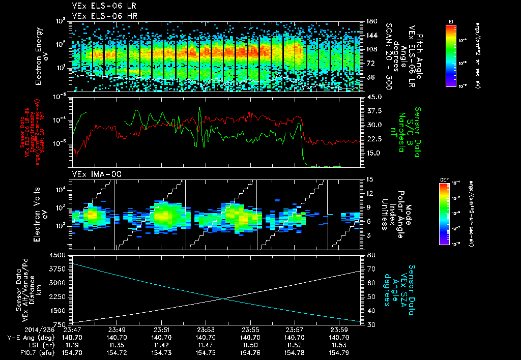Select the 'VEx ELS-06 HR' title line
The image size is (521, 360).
pos(101,15)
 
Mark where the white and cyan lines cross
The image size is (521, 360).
pos(222,298)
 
